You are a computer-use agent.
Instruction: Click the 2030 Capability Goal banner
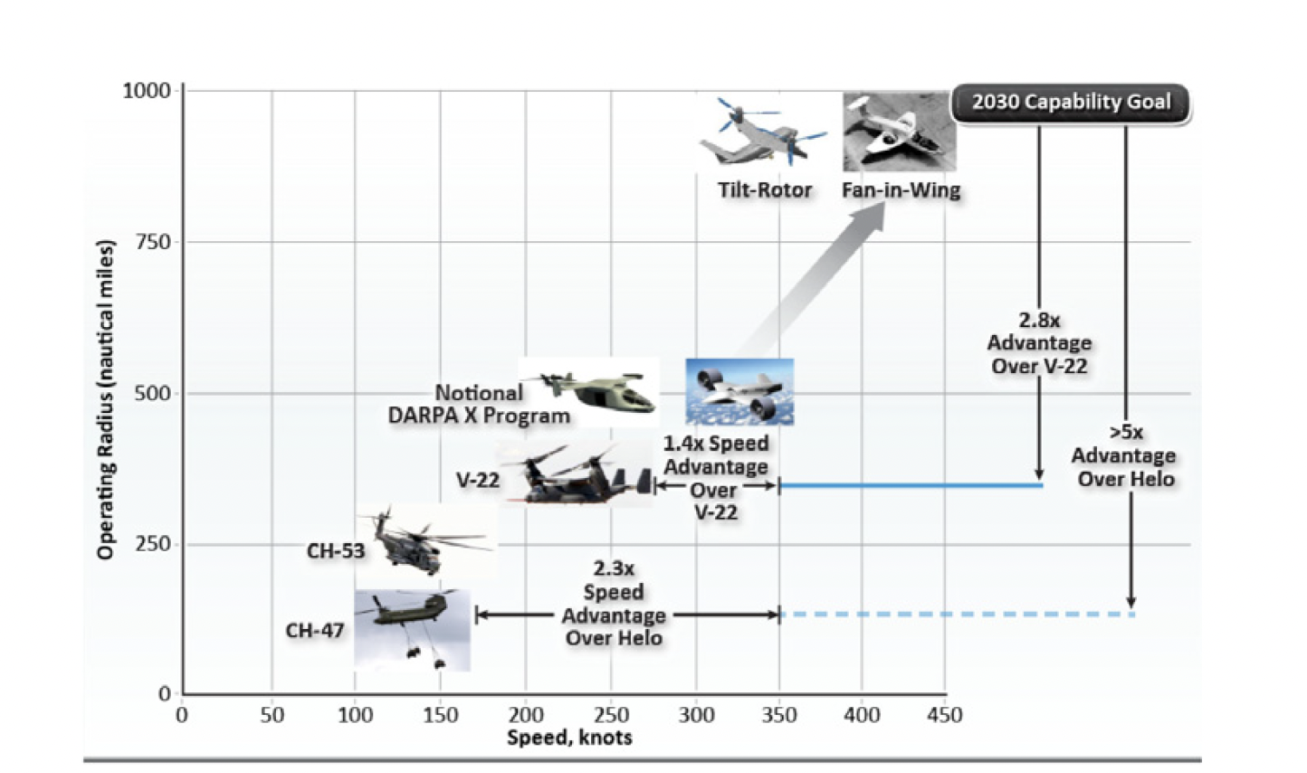[x=1071, y=102]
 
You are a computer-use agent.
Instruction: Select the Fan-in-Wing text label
[x=901, y=190]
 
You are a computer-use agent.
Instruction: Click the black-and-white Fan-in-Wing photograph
[x=898, y=132]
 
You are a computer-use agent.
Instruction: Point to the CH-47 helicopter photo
[x=412, y=629]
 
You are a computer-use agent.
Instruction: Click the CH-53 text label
[x=335, y=551]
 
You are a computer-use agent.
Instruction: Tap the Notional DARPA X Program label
[x=479, y=404]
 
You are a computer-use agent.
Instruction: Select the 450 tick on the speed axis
[x=944, y=715]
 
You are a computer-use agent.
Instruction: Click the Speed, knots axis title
[x=569, y=738]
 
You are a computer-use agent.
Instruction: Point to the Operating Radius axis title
[x=105, y=399]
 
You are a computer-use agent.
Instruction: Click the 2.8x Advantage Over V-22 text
[x=1039, y=344]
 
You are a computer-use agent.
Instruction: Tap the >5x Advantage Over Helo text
[x=1125, y=456]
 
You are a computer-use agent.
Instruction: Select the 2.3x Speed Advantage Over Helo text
[x=614, y=604]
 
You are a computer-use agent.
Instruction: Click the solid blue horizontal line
[x=911, y=485]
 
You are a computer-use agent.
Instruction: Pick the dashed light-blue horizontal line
[x=955, y=614]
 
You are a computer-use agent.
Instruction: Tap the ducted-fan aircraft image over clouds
[x=739, y=391]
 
